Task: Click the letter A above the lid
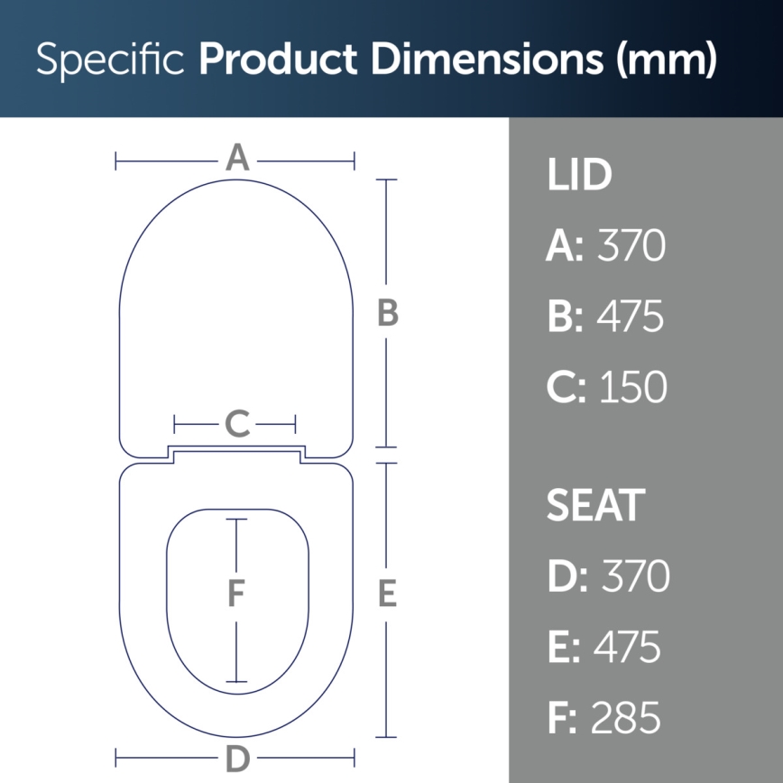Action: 236,159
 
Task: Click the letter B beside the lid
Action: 387,313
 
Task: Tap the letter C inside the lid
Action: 236,423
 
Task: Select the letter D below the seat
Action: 236,759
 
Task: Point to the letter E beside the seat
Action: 387,594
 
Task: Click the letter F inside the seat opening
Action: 236,594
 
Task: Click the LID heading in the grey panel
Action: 579,176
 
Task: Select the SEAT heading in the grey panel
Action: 595,506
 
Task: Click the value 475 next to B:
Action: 631,317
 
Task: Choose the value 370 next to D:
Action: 636,576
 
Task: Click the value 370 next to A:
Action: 632,246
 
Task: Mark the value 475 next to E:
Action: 628,648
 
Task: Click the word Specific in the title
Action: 110,60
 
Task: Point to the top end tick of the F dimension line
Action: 236,520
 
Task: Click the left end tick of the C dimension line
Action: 175,423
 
